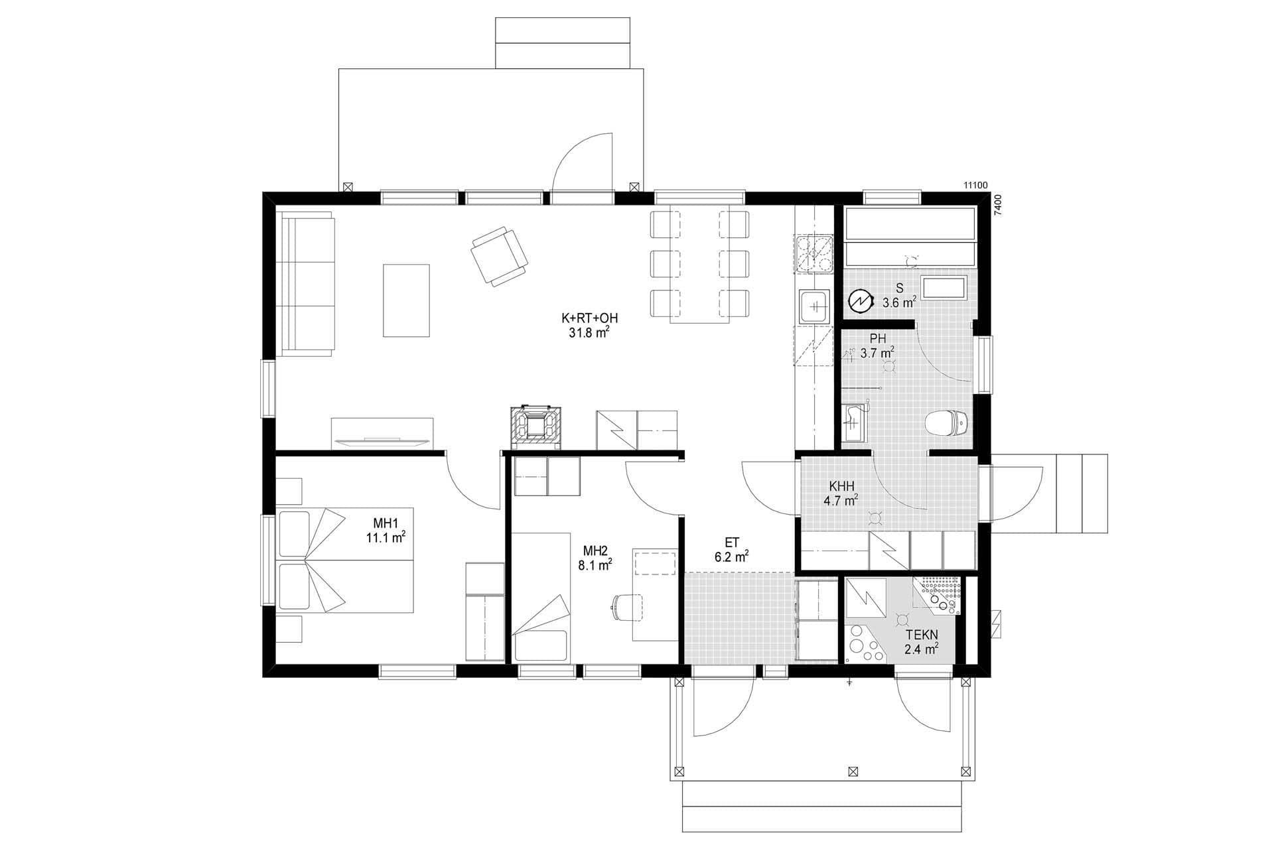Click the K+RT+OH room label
pyautogui.click(x=585, y=325)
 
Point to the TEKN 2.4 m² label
pyautogui.click(x=922, y=642)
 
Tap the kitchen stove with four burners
pyautogui.click(x=814, y=255)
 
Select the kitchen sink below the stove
pyautogui.click(x=814, y=306)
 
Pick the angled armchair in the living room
pyautogui.click(x=499, y=255)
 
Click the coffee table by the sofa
pyautogui.click(x=406, y=300)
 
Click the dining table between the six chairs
pyautogui.click(x=699, y=265)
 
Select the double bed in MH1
pyautogui.click(x=345, y=560)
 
